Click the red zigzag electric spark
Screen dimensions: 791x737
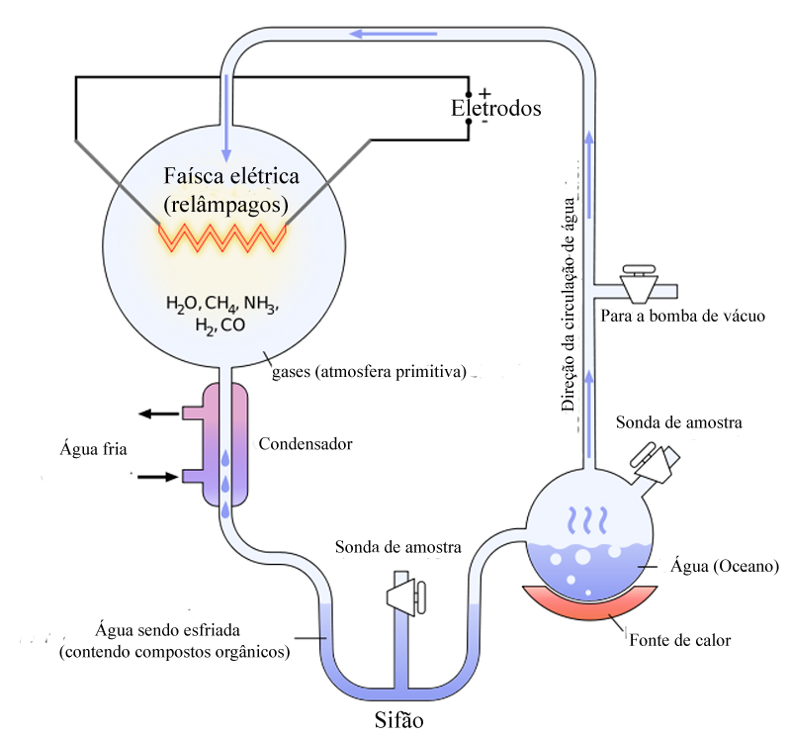tap(222, 237)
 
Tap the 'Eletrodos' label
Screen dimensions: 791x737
tap(496, 108)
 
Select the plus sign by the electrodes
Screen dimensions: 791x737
tap(484, 93)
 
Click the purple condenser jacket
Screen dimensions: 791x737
tap(225, 444)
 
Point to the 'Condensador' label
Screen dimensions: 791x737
tap(306, 444)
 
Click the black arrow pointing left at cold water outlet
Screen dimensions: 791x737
tap(159, 414)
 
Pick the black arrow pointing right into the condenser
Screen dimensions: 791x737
tap(158, 477)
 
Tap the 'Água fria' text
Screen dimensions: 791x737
tap(93, 449)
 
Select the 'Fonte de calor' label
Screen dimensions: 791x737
tap(680, 640)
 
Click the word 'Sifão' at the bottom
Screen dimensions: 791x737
tap(398, 720)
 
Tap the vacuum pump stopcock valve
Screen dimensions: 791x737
tap(639, 284)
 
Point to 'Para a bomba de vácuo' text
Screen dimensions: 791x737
tap(682, 316)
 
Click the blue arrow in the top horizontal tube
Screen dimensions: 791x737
tap(393, 34)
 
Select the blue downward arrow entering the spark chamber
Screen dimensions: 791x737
tap(226, 118)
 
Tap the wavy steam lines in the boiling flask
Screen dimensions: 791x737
tap(587, 520)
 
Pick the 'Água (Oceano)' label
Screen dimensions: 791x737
tap(725, 567)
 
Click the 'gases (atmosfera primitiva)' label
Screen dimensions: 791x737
tap(369, 372)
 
